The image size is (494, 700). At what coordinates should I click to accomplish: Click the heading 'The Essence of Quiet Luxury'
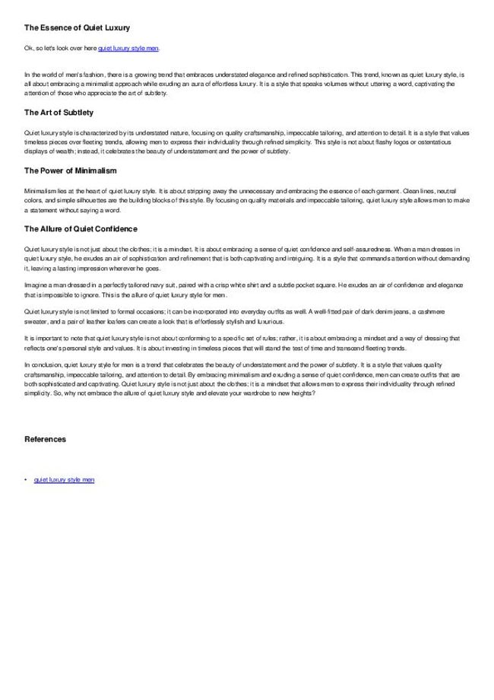[78, 27]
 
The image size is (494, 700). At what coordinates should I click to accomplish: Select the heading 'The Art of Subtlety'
[59, 113]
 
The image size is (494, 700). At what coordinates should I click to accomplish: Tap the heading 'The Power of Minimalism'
[70, 170]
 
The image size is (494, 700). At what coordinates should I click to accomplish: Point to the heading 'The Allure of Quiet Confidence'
[81, 228]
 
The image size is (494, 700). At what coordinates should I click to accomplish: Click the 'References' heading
[45, 439]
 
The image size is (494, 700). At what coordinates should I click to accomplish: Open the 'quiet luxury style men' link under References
[65, 480]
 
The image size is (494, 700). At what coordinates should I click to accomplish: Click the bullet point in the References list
[26, 480]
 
